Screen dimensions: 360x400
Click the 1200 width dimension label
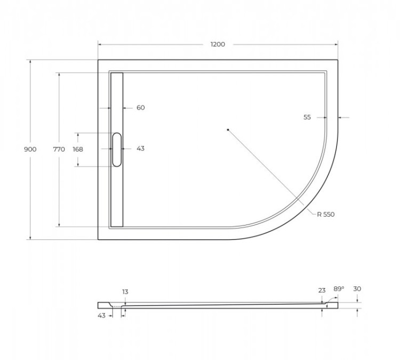(x=217, y=44)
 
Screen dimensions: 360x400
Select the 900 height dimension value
(x=30, y=149)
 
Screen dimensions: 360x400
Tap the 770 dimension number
(x=59, y=149)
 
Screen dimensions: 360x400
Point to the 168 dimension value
(x=78, y=149)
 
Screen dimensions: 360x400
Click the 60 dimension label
(x=140, y=108)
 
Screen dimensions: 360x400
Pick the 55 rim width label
(x=307, y=117)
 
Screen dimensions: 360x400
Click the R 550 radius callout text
(x=325, y=214)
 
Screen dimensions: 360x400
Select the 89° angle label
(x=339, y=289)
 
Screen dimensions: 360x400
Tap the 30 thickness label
(x=357, y=289)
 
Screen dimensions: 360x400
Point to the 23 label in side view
(x=322, y=291)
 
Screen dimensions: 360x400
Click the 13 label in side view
(x=125, y=292)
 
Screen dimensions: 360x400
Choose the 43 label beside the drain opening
(x=140, y=149)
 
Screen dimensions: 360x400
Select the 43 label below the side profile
(x=101, y=316)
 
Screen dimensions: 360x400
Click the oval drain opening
(x=117, y=149)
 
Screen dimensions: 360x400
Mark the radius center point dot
(x=227, y=130)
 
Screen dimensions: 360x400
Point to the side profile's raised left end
(x=105, y=305)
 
